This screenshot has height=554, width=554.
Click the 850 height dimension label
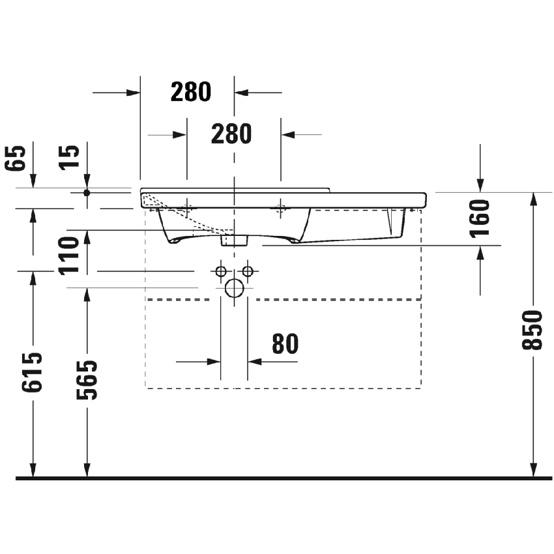[x=532, y=330]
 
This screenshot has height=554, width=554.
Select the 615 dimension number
[x=33, y=372]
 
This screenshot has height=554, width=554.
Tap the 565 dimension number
[x=87, y=380]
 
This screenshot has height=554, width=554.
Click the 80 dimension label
[x=284, y=343]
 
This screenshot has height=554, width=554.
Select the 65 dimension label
[x=18, y=158]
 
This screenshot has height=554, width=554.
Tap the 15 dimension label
[x=72, y=157]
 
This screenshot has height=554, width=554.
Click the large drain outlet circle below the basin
[x=234, y=287]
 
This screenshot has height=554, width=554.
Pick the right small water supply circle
[x=247, y=270]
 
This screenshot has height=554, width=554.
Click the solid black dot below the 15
[x=87, y=192]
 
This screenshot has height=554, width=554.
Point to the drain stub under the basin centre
[x=235, y=241]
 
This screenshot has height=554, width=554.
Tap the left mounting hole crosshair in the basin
[x=187, y=209]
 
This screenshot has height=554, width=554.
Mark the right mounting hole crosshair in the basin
[x=281, y=209]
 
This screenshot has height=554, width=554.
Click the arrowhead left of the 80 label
[x=213, y=361]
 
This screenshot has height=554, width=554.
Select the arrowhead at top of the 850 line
[x=533, y=199]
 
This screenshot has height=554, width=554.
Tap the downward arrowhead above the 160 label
[x=480, y=185]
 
